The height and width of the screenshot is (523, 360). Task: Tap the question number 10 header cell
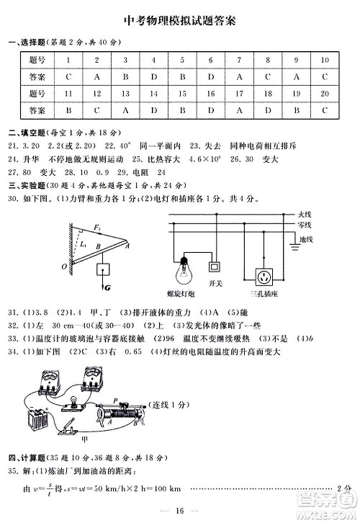tap(325, 60)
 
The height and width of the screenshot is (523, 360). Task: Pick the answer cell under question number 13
tap(125, 111)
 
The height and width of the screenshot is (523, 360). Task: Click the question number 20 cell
tap(325, 94)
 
